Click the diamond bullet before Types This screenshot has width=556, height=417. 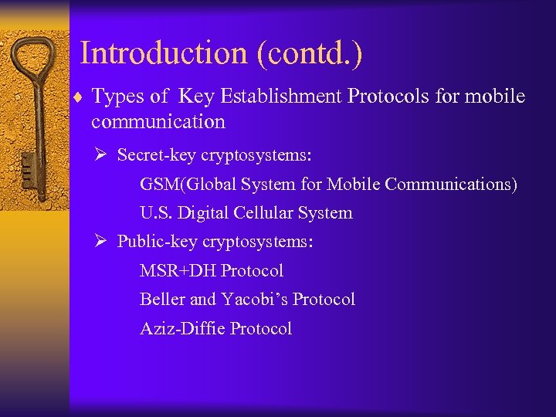[x=80, y=97]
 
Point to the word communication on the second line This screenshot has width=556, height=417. [x=158, y=122]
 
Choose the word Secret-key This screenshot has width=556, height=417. [x=157, y=155]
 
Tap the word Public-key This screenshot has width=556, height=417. [x=158, y=242]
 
